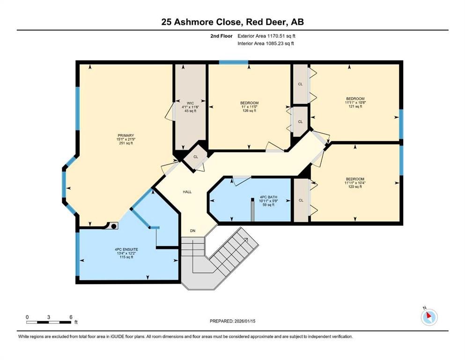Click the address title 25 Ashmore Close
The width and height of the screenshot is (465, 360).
click(232, 22)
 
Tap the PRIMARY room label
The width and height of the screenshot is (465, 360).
click(126, 135)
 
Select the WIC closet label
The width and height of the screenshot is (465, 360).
click(190, 103)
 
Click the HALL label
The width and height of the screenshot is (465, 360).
click(186, 192)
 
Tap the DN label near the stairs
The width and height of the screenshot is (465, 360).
click(192, 231)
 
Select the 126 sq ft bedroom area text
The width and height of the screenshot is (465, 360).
click(249, 111)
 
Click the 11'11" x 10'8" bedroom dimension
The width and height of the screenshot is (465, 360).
click(354, 103)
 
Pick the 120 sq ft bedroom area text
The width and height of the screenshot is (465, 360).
click(354, 187)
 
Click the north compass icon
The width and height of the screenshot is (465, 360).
click(428, 317)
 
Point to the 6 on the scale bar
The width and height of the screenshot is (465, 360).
click(70, 317)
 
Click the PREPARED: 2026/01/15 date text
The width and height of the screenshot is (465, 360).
click(232, 321)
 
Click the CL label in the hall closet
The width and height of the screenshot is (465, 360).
click(196, 157)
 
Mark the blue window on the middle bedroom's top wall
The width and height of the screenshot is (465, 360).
click(234, 62)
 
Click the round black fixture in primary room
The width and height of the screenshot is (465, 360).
click(113, 225)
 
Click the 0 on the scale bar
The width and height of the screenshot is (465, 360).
click(27, 317)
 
